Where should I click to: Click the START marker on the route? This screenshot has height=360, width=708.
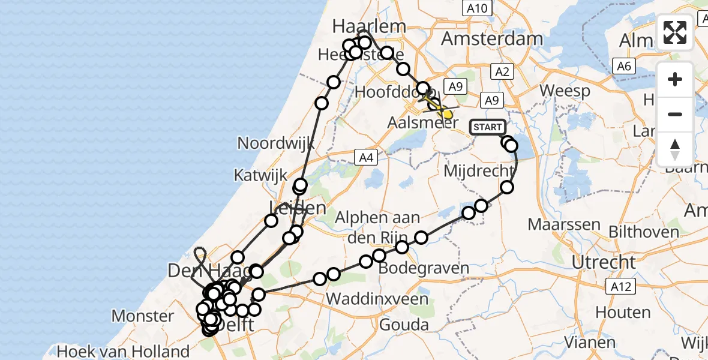tap(487, 127)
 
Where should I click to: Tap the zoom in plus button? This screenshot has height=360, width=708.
tap(675, 80)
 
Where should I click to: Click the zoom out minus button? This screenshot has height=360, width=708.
tap(675, 114)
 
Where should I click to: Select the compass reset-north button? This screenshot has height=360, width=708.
tap(675, 148)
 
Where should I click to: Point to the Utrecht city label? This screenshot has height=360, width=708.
tap(604, 262)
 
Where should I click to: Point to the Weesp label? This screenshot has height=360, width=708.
tap(564, 91)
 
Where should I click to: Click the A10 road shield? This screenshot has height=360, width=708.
tap(478, 8)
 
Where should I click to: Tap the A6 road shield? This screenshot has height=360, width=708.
tap(624, 66)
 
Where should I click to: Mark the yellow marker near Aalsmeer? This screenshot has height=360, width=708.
tap(446, 113)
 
